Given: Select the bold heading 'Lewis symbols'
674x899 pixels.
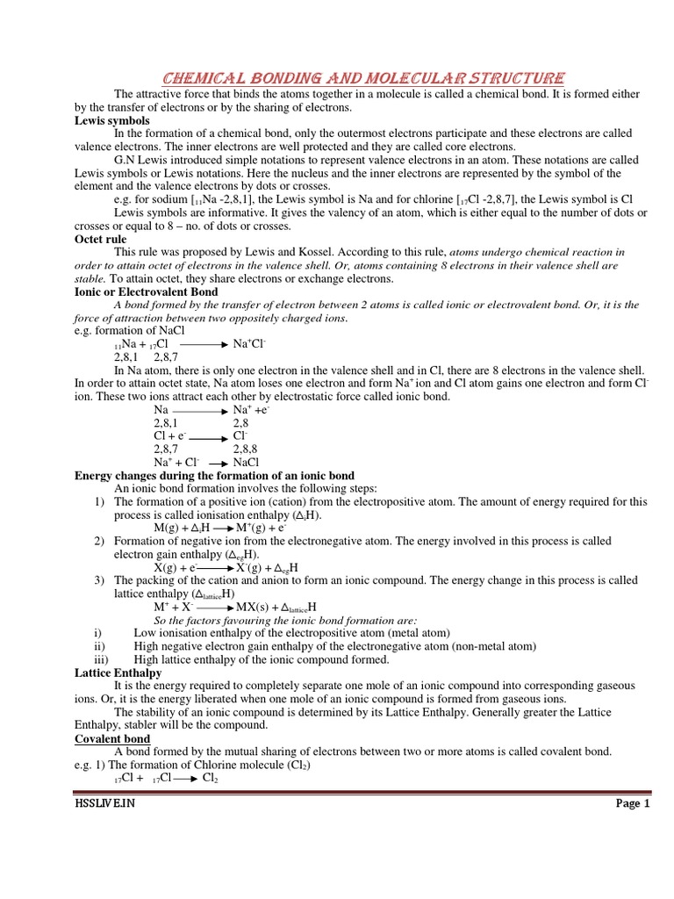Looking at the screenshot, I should (x=111, y=120).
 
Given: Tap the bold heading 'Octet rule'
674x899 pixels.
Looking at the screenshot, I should (x=100, y=239).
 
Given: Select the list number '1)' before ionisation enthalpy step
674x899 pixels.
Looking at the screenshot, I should (x=100, y=501).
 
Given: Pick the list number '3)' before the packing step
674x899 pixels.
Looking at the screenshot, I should (x=100, y=580).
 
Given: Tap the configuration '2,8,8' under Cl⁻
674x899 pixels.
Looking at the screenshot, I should (x=245, y=449).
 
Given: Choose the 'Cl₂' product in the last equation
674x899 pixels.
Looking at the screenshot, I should (x=211, y=778).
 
